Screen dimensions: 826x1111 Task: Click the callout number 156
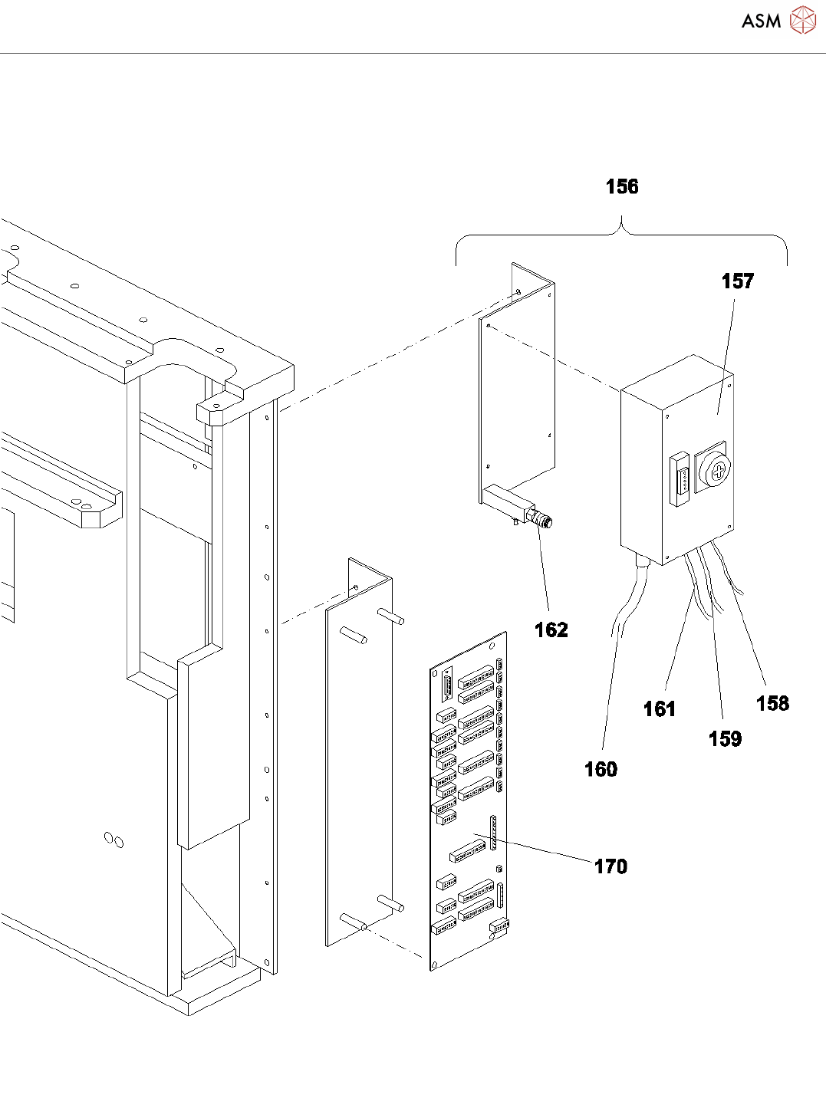point(622,187)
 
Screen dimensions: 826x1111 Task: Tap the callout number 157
point(737,281)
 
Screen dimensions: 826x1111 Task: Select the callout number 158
point(772,703)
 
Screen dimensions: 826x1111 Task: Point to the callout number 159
point(725,738)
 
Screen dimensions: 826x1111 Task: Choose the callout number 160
point(601,769)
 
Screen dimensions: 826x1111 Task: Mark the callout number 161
point(659,708)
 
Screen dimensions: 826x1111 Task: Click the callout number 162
point(551,629)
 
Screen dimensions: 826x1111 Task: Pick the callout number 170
point(610,866)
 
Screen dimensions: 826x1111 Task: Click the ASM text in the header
point(761,21)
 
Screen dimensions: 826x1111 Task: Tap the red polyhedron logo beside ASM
point(803,20)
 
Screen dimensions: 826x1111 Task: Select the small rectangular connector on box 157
point(680,479)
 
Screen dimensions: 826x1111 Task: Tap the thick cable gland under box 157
point(642,559)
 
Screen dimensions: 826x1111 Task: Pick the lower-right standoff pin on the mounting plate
point(391,903)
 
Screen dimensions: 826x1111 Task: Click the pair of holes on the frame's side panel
point(114,840)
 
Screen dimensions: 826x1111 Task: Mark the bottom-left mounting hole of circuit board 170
point(435,965)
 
